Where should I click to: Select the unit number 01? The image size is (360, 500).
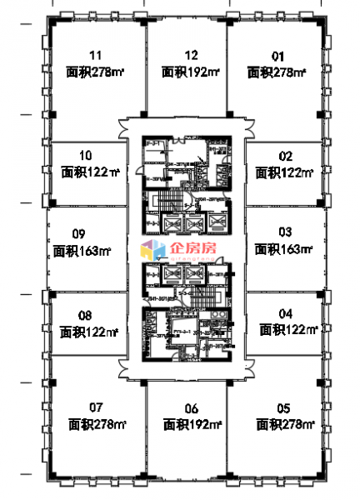278,57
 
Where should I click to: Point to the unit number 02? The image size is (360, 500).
285,156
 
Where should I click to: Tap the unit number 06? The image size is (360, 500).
191,407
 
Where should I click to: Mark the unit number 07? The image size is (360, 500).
95,407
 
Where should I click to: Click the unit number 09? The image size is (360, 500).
80,233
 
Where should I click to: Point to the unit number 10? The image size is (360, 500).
85,156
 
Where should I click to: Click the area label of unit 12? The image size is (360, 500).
191,72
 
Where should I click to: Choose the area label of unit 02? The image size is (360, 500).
284,173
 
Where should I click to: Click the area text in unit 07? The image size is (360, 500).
97,424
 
